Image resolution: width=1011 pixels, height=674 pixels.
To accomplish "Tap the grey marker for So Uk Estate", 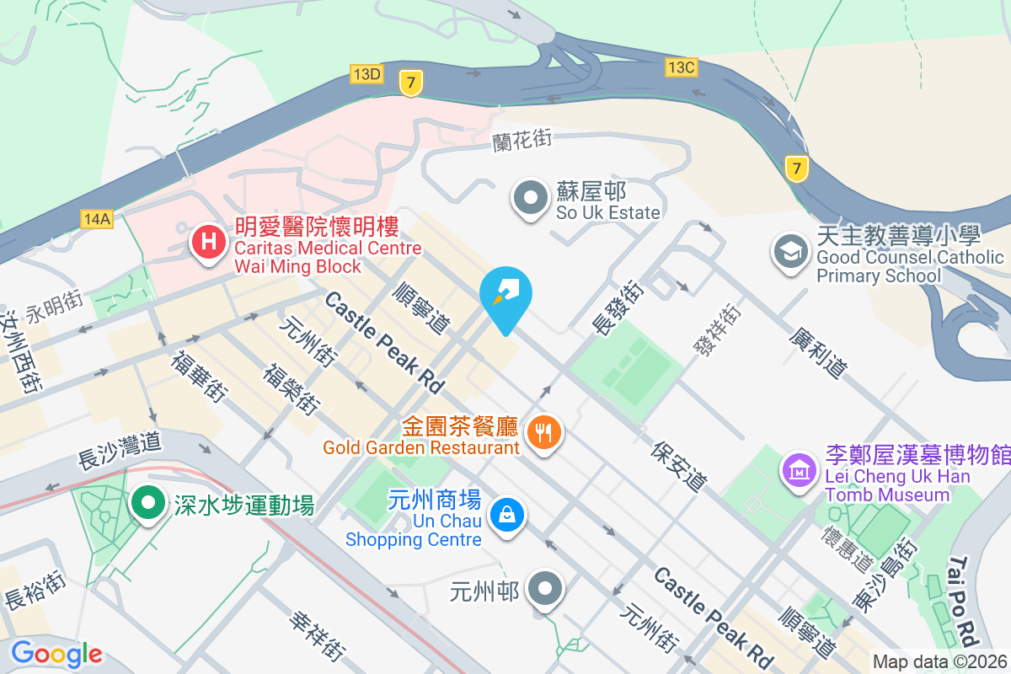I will tap(531, 200).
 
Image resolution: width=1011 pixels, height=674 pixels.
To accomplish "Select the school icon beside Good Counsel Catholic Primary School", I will tap(790, 252).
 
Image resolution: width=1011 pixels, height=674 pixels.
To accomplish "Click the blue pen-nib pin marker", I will tap(505, 294).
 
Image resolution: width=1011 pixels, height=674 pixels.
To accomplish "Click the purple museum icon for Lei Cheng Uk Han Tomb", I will tap(798, 468).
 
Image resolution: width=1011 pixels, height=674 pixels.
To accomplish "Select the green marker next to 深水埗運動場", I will tap(149, 504).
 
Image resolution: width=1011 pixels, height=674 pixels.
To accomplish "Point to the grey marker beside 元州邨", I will tap(544, 588).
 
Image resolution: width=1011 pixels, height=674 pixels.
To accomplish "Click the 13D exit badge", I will tap(367, 75).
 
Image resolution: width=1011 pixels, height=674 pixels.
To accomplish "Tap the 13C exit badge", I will tap(681, 67).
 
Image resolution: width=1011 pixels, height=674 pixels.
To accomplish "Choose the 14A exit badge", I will tap(97, 219).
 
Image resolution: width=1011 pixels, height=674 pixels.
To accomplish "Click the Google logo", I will tap(56, 654).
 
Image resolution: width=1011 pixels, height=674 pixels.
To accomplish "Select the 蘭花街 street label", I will tap(522, 140).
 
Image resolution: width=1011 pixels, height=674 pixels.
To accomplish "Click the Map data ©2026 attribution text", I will tap(939, 662).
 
